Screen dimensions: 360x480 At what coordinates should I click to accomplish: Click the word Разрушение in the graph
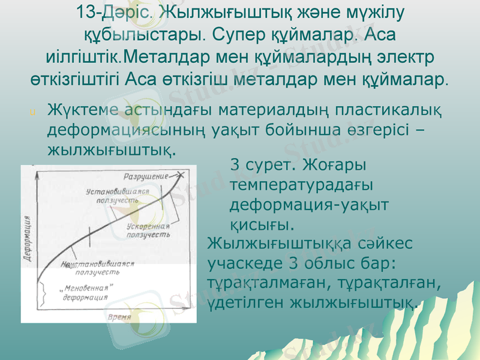[145, 177]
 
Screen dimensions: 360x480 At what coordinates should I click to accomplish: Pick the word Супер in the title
[233, 34]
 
